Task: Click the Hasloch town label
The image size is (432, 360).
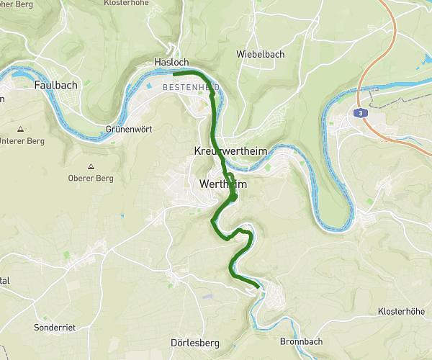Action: click(x=171, y=63)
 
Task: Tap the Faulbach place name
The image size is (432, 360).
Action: click(x=54, y=85)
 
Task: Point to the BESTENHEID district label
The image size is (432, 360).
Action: click(x=191, y=86)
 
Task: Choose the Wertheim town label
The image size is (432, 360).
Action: click(x=222, y=185)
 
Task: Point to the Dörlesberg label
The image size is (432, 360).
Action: click(x=194, y=343)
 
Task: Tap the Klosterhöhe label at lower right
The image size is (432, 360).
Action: click(x=400, y=312)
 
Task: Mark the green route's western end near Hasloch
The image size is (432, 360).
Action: click(x=174, y=73)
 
